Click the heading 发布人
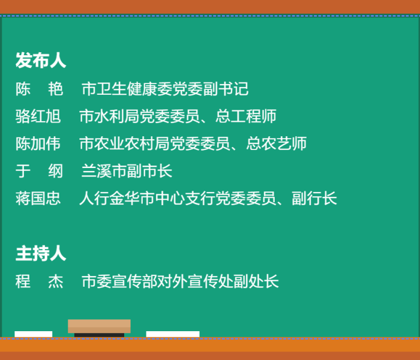[40, 61]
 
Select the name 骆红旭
[38, 116]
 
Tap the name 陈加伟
[38, 144]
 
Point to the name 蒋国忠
[38, 199]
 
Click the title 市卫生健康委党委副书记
[165, 89]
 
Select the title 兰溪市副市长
[127, 172]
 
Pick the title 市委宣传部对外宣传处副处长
[180, 282]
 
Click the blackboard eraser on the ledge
[99, 327]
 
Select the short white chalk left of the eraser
[33, 334]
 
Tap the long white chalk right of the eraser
[173, 334]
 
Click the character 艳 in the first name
[56, 89]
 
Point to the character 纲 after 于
[56, 172]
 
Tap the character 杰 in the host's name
[56, 282]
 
